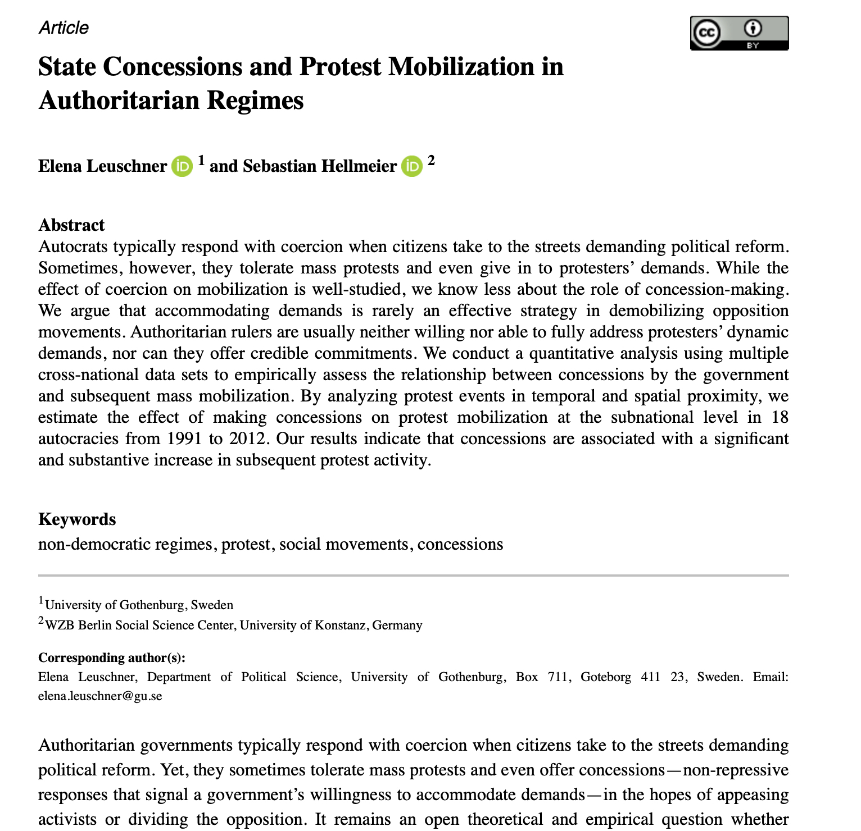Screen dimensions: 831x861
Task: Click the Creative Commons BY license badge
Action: coord(739,33)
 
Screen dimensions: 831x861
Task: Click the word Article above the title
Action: coord(64,28)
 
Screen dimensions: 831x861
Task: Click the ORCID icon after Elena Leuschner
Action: coord(182,166)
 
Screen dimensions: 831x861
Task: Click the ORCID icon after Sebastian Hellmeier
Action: coord(411,166)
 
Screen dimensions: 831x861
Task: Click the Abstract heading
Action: coord(71,225)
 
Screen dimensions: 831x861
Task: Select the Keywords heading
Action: coord(77,519)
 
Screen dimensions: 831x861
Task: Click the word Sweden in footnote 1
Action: coord(212,605)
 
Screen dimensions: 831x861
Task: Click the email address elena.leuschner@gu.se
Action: coord(100,696)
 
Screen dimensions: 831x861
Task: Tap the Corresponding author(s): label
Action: coord(112,658)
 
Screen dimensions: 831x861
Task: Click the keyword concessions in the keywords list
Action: coord(460,544)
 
